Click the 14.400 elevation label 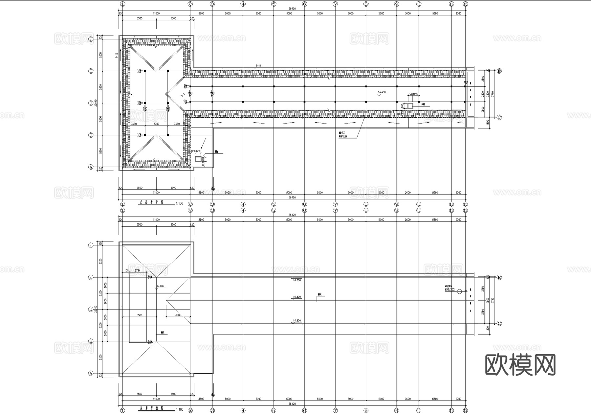coord(382,92)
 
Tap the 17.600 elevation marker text coord(160,286)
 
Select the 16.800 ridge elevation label coord(296,297)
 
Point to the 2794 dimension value coord(138,270)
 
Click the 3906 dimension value coord(178,315)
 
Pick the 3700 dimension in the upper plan coord(156,124)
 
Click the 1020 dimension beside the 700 coord(415,94)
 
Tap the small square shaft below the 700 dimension coord(410,106)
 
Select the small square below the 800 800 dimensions coord(198,159)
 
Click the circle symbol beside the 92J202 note coord(459,291)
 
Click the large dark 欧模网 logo coord(520,365)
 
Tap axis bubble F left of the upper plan coord(91,39)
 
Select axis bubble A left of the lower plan coord(91,374)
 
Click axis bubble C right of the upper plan coord(499,117)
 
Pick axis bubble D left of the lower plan coord(91,309)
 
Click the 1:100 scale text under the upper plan coord(180,204)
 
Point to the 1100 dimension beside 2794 coord(126,270)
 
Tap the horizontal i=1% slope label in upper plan coord(258,66)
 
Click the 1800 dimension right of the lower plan coord(488,328)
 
